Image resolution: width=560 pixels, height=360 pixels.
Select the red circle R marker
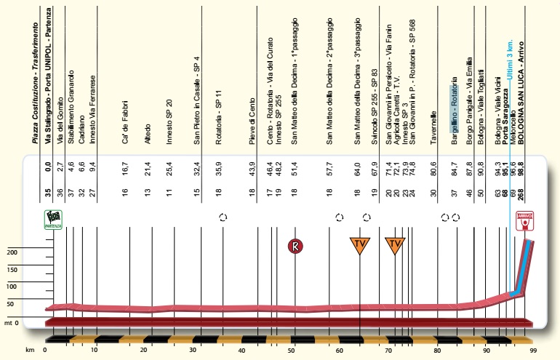click(295, 247)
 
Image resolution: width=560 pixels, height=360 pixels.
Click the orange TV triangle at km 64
click(359, 245)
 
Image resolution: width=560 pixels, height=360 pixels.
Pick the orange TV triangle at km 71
click(395, 245)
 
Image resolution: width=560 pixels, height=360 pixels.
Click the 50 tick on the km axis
click(292, 351)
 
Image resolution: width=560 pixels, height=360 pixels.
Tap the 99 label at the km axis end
click(533, 351)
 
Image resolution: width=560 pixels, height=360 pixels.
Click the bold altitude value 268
click(521, 191)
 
